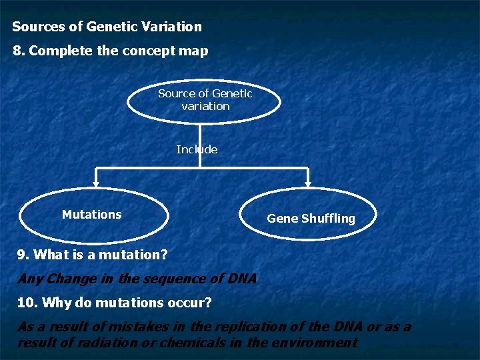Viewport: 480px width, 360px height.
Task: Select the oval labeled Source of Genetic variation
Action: click(x=205, y=100)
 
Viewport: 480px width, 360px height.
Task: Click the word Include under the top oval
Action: click(x=197, y=149)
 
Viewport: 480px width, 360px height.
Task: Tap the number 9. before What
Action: click(x=23, y=255)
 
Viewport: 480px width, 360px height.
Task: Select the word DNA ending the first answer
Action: click(x=242, y=279)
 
